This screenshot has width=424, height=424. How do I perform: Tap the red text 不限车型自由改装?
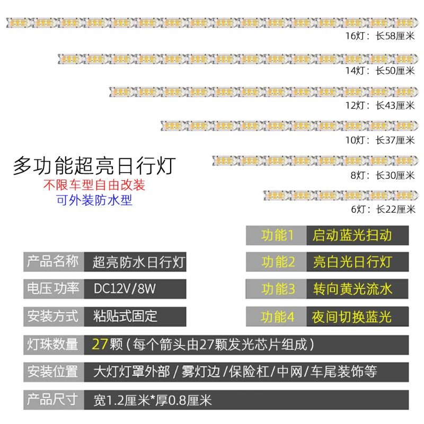click(94, 185)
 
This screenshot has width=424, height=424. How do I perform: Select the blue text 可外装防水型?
click(94, 200)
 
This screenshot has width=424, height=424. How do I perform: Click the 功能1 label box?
click(277, 235)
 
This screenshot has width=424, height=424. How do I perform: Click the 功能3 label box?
click(277, 289)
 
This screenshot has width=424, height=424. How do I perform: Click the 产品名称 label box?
click(52, 261)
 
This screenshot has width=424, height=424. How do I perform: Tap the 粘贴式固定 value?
click(125, 316)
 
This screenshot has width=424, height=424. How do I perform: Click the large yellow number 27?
click(100, 344)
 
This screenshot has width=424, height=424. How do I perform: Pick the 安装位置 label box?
click(52, 372)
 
